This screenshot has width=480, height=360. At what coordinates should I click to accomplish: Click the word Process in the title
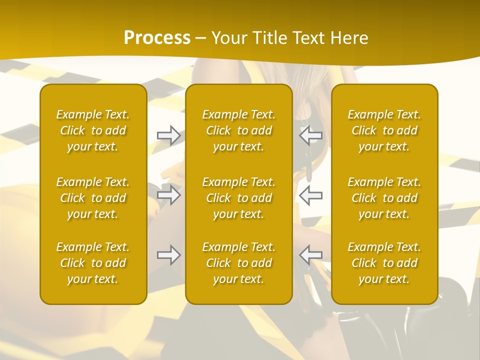(157, 37)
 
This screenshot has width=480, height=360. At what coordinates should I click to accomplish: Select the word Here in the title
(349, 37)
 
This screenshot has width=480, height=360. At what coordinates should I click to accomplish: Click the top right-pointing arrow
(168, 135)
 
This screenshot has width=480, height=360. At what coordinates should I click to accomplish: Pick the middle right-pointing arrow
(168, 194)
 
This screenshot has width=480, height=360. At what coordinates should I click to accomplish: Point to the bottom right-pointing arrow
(168, 254)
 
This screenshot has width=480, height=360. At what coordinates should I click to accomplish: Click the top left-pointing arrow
(311, 135)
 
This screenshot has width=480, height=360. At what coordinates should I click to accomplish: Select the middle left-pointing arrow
(311, 194)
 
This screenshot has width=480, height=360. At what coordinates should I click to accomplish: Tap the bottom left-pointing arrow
(311, 254)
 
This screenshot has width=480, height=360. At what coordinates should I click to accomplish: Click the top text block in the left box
(93, 130)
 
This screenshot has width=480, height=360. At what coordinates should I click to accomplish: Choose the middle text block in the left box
(93, 198)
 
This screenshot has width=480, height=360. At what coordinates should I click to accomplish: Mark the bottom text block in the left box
(93, 263)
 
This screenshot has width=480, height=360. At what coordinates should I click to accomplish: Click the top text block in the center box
(239, 130)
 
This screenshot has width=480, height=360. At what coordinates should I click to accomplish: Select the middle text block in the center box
(239, 198)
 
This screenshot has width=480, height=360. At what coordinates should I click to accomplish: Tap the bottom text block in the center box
(239, 263)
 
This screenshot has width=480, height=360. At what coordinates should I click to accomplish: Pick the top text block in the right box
(384, 130)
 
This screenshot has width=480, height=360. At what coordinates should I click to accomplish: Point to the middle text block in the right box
(384, 198)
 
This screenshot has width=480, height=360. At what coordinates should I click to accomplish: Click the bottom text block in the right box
(384, 263)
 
